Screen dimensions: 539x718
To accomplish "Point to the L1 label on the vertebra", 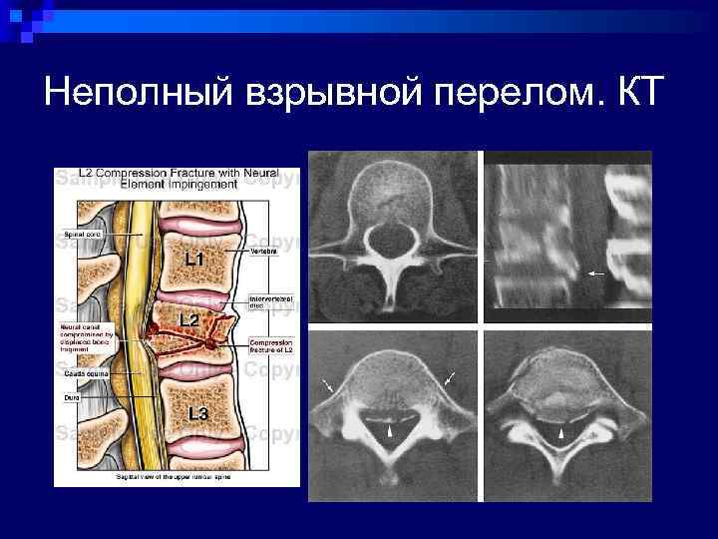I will [195, 259].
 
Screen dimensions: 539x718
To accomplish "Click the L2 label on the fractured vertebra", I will [187, 319].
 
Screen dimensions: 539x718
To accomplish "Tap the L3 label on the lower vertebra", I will [197, 412].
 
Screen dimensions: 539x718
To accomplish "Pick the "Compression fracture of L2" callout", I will [270, 346].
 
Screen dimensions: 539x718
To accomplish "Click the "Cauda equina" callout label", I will [83, 372].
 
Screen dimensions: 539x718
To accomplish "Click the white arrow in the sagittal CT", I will [597, 271].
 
